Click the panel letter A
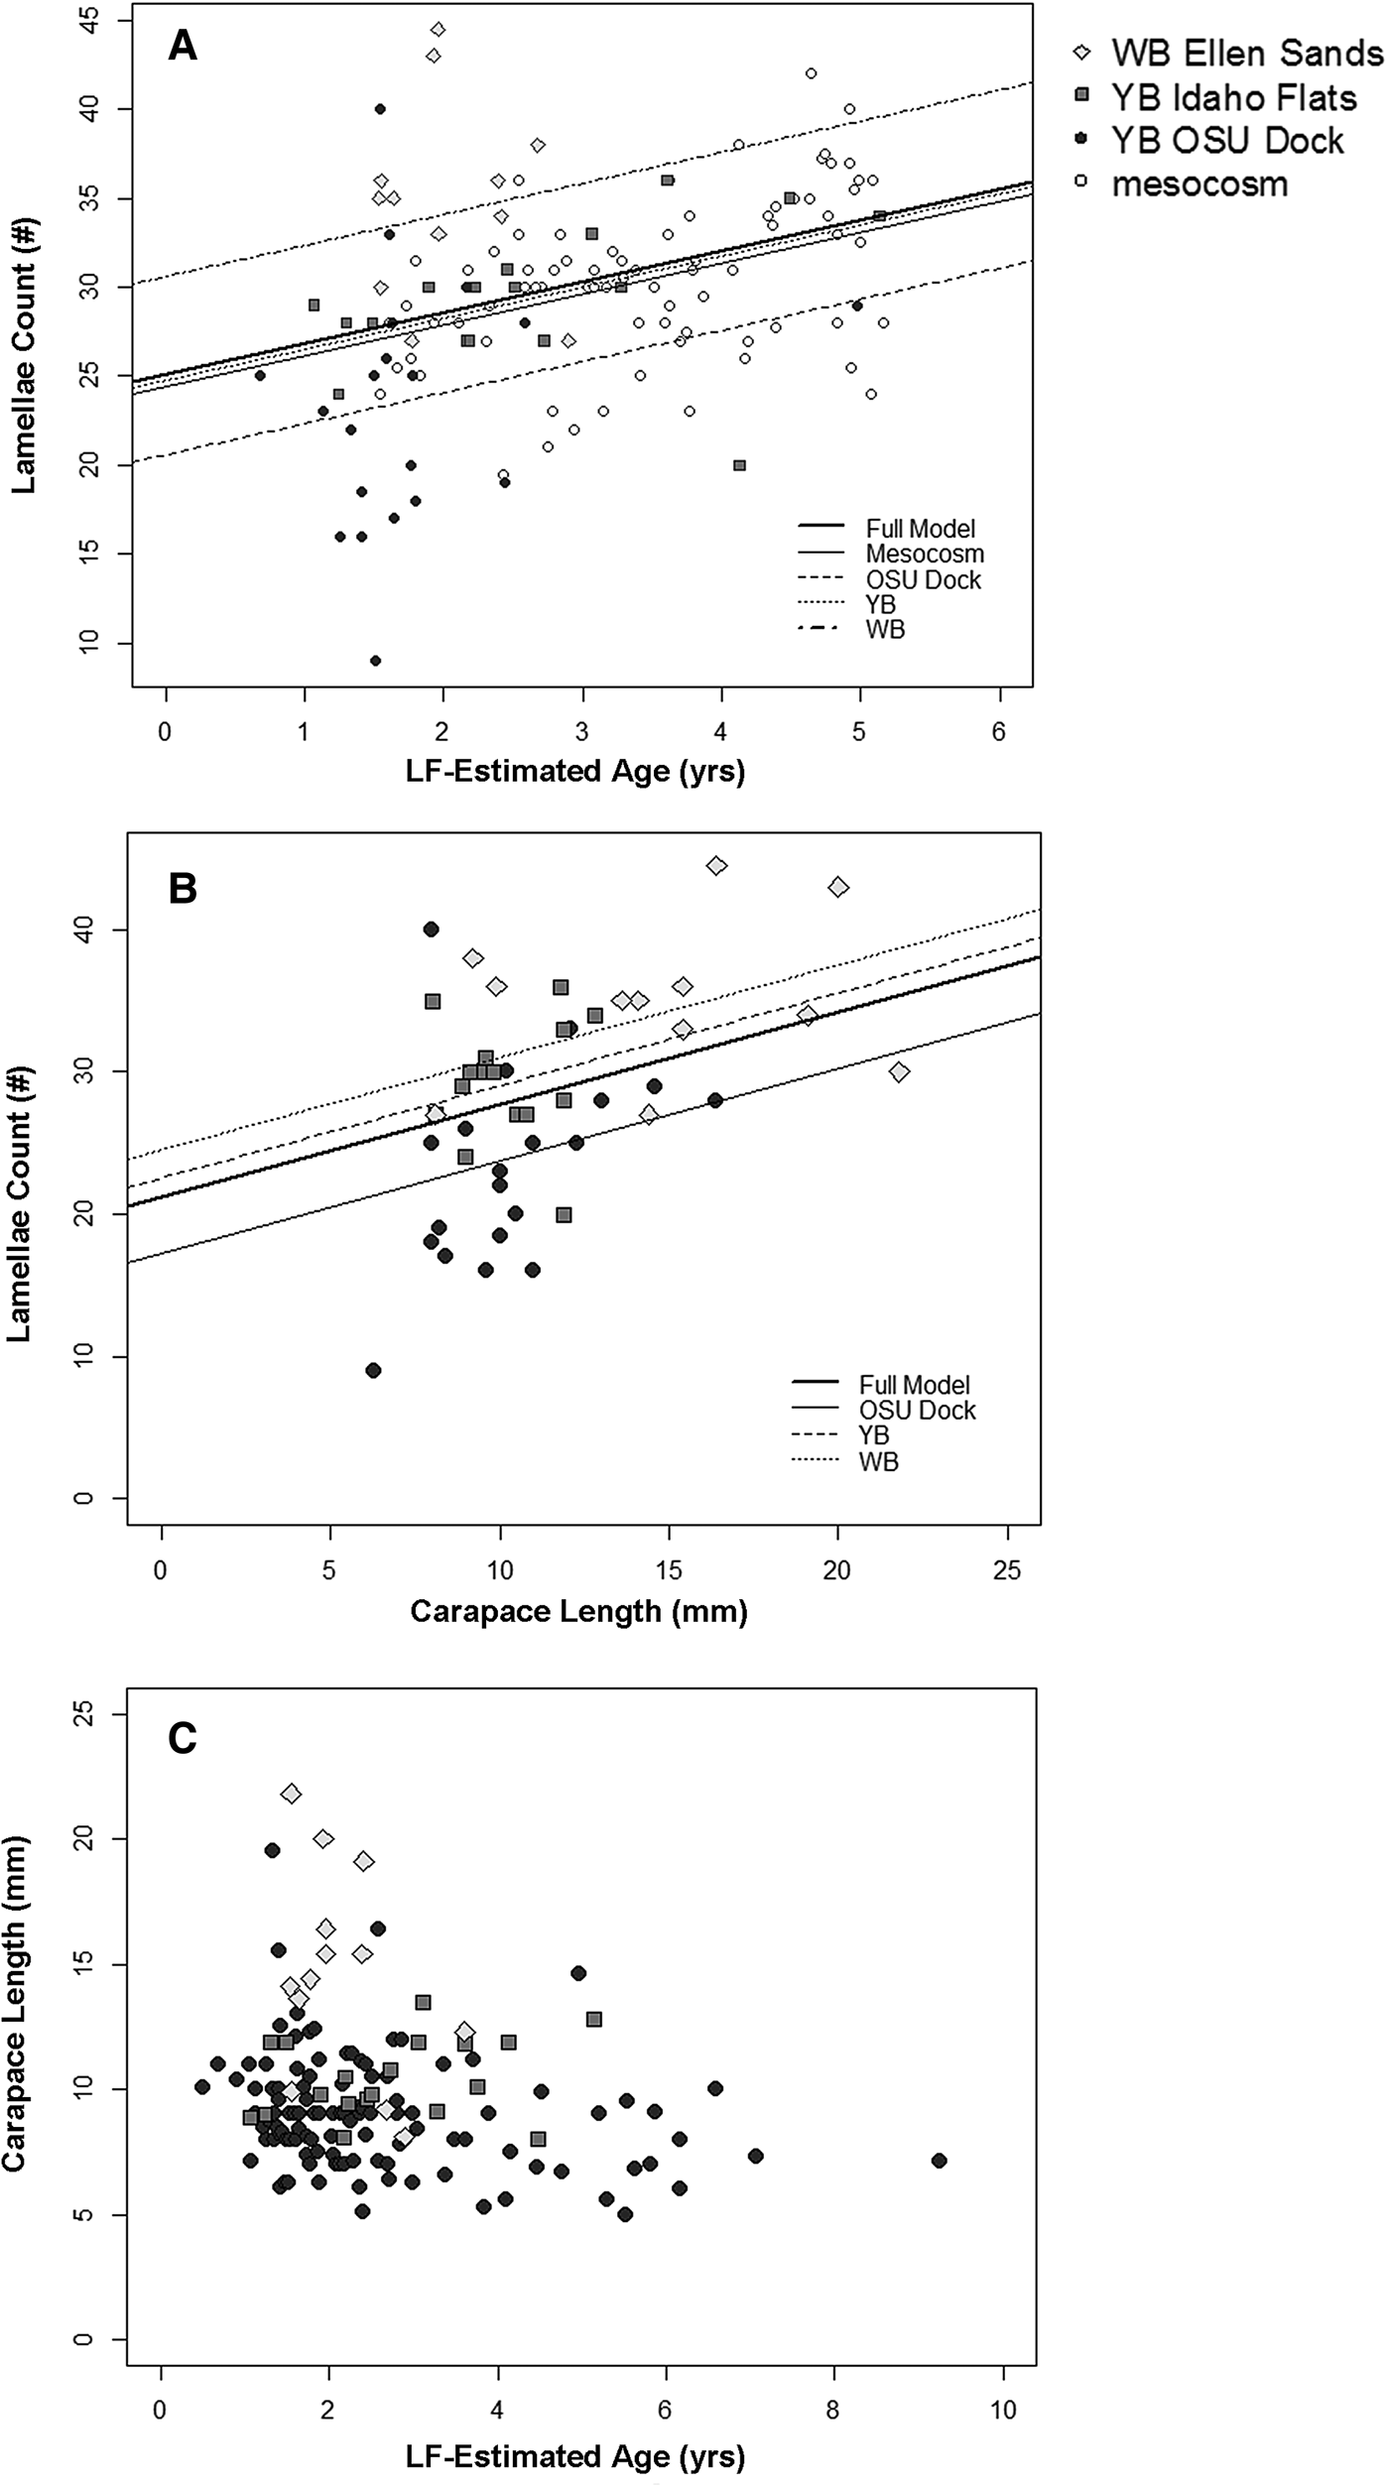point(182,46)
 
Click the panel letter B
point(183,888)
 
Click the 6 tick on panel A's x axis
point(999,732)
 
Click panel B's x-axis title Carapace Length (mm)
point(578,1611)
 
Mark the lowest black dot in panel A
point(375,661)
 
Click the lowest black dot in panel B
point(374,1370)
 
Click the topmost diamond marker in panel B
point(716,866)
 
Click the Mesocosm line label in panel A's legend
point(924,554)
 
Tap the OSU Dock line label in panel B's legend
point(917,1410)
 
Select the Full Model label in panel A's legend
point(920,528)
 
